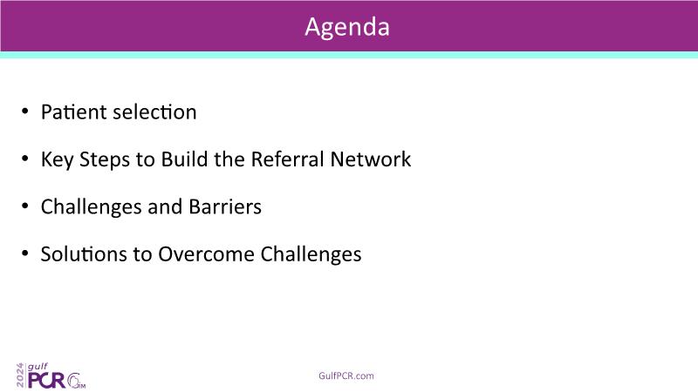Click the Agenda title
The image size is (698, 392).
347,28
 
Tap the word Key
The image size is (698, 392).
57,160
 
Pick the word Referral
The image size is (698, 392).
288,159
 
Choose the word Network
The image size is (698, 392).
371,159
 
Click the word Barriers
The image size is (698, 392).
225,206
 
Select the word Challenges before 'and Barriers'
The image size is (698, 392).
91,207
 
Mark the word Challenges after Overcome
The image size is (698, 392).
311,255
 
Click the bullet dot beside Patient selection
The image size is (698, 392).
25,112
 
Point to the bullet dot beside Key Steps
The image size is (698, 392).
25,159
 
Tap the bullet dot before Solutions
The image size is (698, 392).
25,253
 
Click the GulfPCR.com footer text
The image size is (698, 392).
346,376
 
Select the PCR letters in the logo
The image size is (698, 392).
47,380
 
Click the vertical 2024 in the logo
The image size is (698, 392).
20,375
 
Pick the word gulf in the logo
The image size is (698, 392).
38,367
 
